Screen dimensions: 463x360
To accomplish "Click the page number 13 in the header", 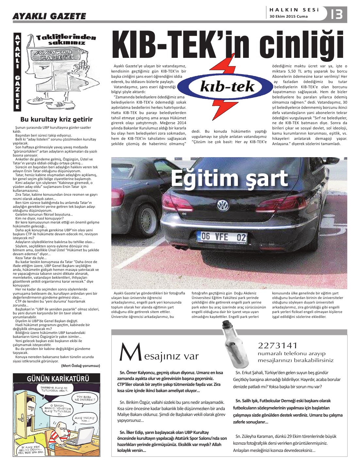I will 337,14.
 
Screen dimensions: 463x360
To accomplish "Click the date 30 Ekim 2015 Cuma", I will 288,17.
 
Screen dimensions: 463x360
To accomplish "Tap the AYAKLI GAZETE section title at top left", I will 49,16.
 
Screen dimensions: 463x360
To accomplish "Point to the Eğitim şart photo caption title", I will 229,178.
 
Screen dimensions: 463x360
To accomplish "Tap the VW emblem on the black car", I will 223,205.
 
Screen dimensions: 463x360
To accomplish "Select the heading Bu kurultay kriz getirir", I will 56,119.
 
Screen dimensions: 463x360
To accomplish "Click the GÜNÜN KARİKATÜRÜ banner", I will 57,378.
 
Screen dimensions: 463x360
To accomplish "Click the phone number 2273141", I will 278,345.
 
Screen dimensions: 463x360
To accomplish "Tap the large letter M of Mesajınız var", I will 130,352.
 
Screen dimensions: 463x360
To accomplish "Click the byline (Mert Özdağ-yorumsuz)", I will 80,366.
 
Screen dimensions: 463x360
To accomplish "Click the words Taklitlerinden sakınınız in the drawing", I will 66,40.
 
